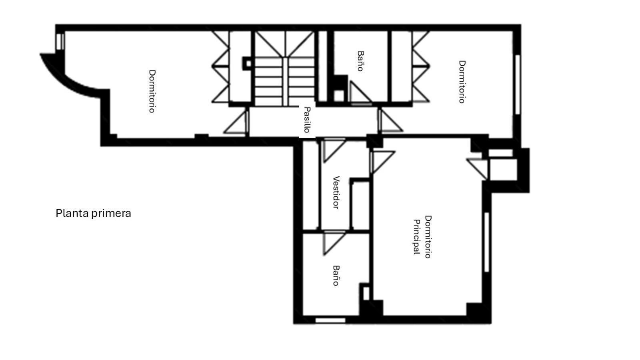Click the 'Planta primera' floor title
pyautogui.click(x=93, y=213)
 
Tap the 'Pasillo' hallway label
pyautogui.click(x=307, y=120)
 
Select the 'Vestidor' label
pyautogui.click(x=336, y=192)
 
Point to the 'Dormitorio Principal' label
pyautogui.click(x=422, y=237)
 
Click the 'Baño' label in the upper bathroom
pyautogui.click(x=360, y=61)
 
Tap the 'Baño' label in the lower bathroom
pyautogui.click(x=336, y=276)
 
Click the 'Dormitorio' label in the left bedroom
pyautogui.click(x=152, y=91)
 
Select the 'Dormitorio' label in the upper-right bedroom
pyautogui.click(x=462, y=82)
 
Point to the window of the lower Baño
pyautogui.click(x=330, y=320)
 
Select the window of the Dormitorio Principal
pyautogui.click(x=486, y=242)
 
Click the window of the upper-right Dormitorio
pyautogui.click(x=517, y=84)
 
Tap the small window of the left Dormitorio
pyautogui.click(x=60, y=41)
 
